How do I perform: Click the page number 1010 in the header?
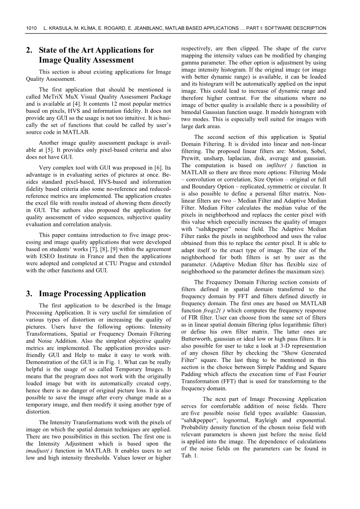[x=31, y=28]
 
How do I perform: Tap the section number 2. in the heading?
[x=29, y=50]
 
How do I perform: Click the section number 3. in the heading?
[x=29, y=294]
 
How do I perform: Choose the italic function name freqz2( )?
[x=214, y=311]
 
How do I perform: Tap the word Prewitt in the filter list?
[x=191, y=158]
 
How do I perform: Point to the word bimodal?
[x=191, y=112]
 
